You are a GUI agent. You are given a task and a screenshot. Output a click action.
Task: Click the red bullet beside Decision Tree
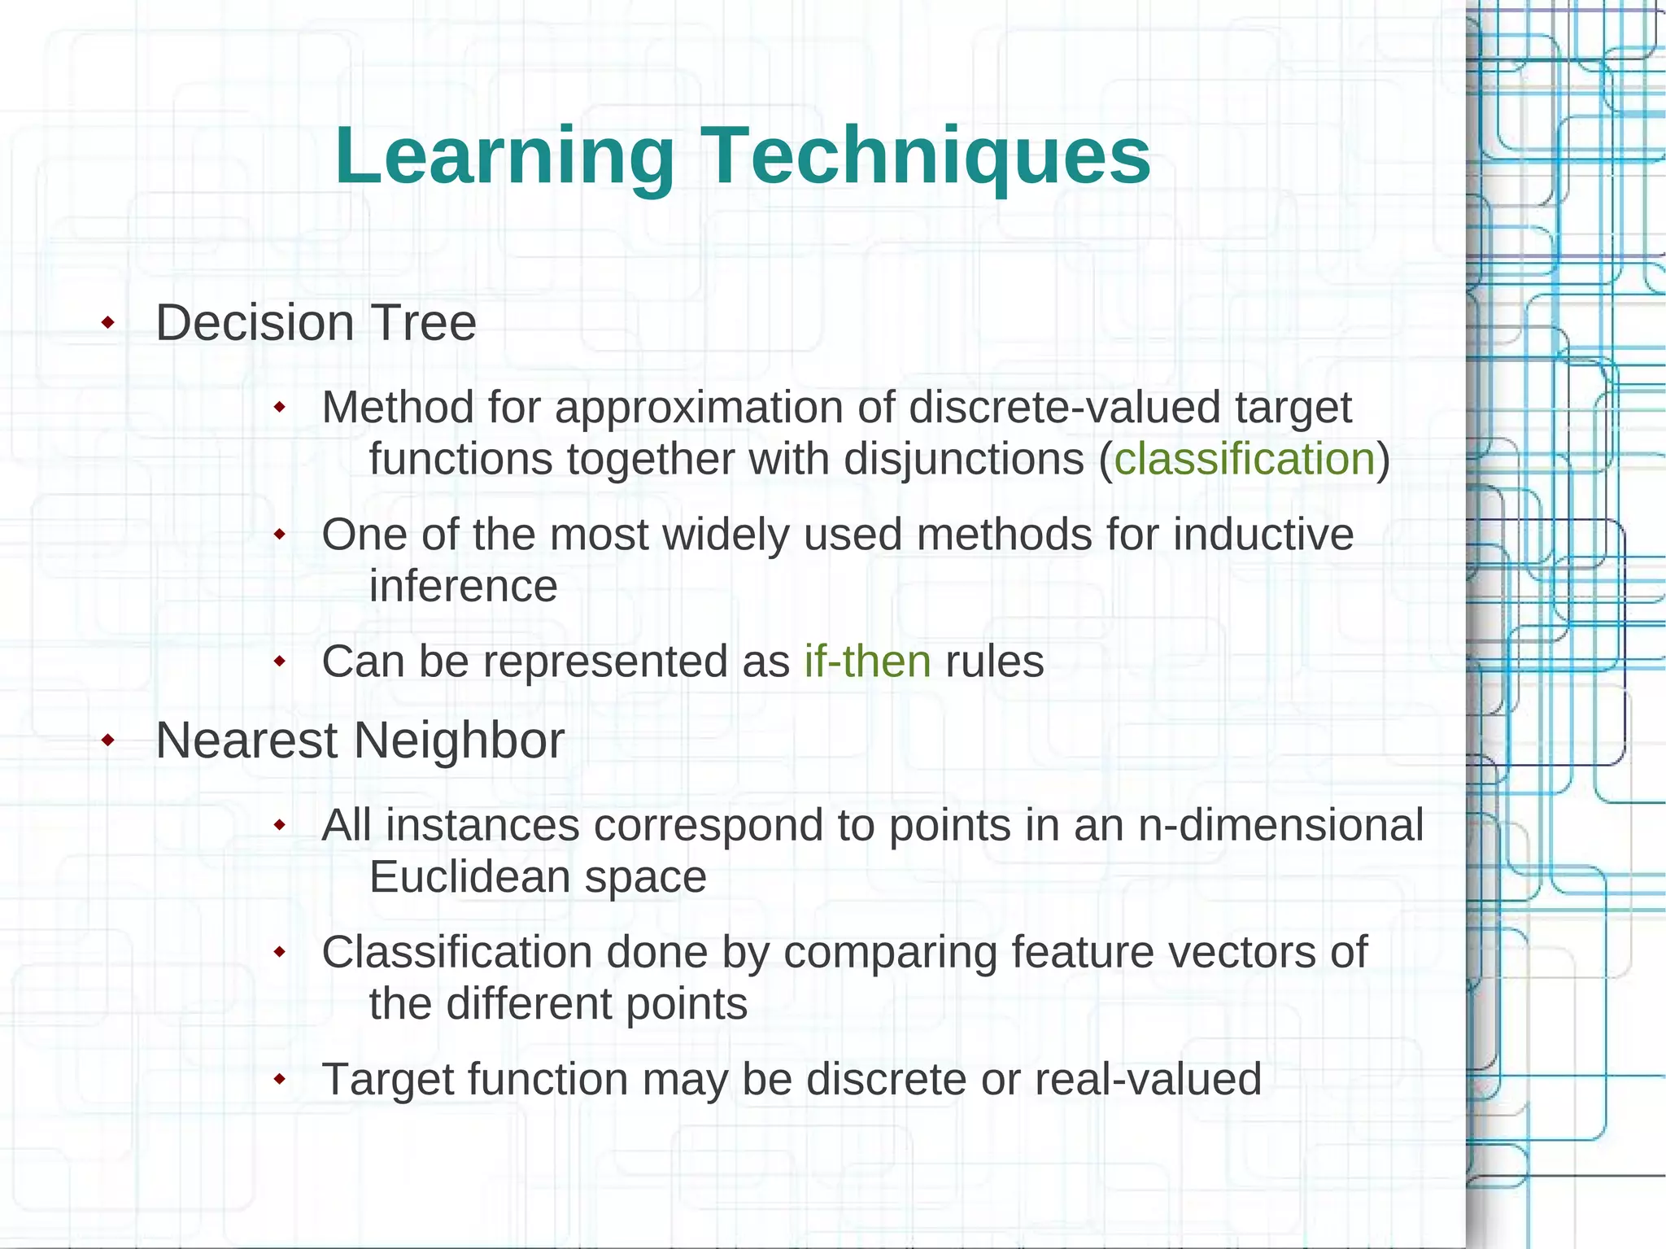[x=107, y=324]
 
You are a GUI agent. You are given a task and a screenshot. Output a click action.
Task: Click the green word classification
[x=1244, y=459]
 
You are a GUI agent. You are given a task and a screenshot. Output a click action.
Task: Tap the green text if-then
[x=867, y=662]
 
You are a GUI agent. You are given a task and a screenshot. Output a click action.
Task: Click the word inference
[x=463, y=587]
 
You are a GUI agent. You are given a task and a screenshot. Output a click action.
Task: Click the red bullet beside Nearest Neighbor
[x=107, y=740]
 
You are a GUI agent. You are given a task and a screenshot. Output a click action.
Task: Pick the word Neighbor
[x=459, y=741]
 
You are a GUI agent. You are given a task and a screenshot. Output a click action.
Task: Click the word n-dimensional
[x=1280, y=825]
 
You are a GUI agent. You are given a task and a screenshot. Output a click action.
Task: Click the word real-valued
[x=1148, y=1080]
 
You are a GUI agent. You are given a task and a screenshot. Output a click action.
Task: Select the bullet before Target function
[x=280, y=1080]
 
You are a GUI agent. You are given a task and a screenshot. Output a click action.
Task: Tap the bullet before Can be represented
[x=280, y=662]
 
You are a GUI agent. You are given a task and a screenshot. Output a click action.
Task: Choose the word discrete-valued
[x=1064, y=408]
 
